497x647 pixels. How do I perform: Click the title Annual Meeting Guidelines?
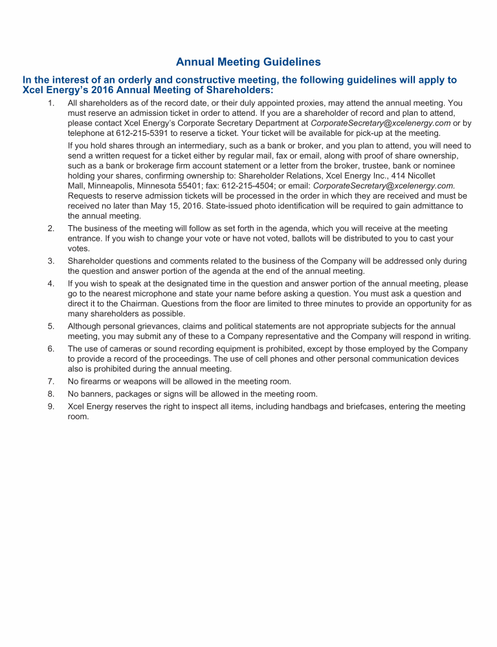point(248,63)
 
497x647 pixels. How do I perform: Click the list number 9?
point(50,406)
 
